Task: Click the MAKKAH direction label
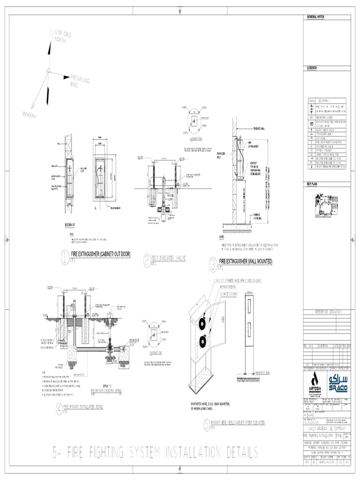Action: pos(29,114)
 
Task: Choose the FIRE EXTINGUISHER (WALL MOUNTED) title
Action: pos(246,261)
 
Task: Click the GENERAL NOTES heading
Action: pos(315,17)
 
